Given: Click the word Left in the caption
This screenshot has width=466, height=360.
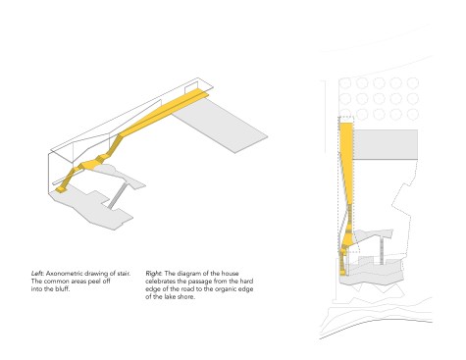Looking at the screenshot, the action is coord(37,274).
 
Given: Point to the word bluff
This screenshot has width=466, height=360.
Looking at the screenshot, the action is coord(63,289).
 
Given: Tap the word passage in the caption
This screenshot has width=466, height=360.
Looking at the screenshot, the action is coord(199,282).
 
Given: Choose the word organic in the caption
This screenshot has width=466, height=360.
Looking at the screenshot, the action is coord(227,289).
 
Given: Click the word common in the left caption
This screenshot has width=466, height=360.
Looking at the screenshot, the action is coord(58,282).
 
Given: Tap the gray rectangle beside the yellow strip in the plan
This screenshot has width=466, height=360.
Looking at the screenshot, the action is coord(386,144).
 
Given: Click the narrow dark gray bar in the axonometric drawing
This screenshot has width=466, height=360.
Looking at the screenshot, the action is coord(117,195).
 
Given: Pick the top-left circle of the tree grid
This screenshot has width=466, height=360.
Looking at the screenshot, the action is coord(345,83).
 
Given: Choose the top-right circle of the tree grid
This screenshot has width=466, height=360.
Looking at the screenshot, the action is coord(413,83).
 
